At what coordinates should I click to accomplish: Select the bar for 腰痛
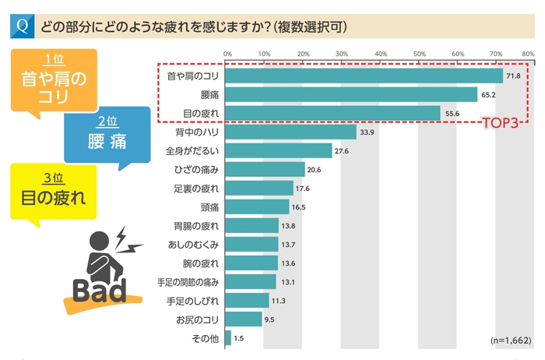click(351, 94)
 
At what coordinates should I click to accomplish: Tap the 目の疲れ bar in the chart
click(333, 113)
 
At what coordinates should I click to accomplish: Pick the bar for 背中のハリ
click(290, 132)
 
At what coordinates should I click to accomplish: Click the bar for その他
click(228, 338)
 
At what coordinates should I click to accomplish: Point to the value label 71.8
click(513, 76)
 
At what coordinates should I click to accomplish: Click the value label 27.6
click(341, 150)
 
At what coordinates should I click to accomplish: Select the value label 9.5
click(271, 319)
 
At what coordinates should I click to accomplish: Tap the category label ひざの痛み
click(199, 169)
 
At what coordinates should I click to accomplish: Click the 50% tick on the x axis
click(419, 54)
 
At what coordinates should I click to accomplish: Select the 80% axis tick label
click(527, 54)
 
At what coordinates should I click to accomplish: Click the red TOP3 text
click(501, 122)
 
